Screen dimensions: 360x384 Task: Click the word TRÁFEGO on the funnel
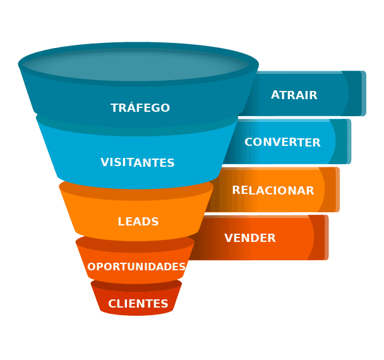tap(140, 108)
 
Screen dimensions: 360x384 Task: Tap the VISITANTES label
tap(138, 162)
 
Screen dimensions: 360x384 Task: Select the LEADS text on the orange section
tap(138, 222)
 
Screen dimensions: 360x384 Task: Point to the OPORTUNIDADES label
tap(136, 267)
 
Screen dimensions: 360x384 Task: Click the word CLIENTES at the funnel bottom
tap(138, 304)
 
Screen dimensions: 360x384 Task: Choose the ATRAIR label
tap(294, 95)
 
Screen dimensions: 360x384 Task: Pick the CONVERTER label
tap(282, 142)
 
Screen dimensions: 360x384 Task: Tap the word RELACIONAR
tap(273, 190)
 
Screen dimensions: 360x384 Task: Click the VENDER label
tap(250, 238)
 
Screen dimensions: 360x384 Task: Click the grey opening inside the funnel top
tap(138, 64)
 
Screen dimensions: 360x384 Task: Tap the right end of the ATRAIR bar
tap(363, 93)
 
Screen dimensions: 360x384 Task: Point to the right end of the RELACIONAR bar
tap(337, 189)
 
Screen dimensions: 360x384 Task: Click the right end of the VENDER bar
tap(326, 237)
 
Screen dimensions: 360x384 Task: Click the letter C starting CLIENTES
tap(112, 304)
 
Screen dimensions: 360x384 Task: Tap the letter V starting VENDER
tap(228, 238)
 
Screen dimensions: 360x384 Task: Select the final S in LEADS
tap(155, 222)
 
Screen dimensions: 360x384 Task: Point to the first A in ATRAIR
tap(275, 95)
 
